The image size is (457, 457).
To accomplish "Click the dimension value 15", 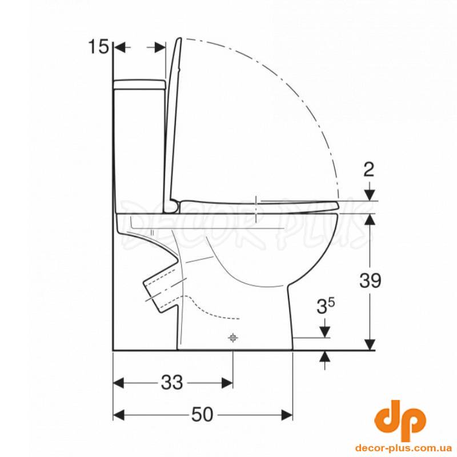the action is point(98,47).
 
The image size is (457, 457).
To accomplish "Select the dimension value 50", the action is point(202,414).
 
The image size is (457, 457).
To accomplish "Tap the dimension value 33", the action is point(172,382).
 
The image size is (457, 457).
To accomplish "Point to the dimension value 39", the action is point(370,280).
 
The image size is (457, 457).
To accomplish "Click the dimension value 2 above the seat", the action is point(369,170).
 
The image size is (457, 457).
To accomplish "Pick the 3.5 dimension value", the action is point(325,306).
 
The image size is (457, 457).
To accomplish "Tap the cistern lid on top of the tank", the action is point(139,84).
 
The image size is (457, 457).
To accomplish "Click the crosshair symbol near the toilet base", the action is point(232,338).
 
